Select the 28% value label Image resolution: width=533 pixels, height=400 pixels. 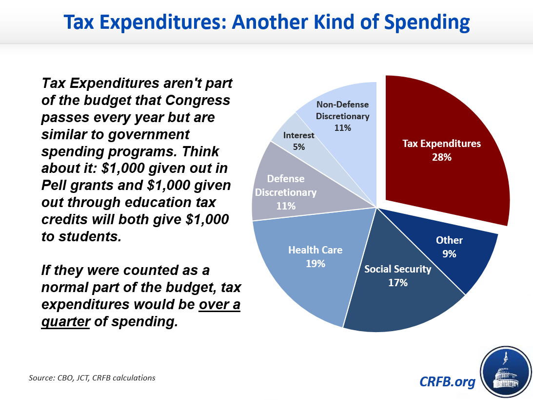pyautogui.click(x=441, y=158)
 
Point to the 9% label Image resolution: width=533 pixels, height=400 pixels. pyautogui.click(x=449, y=254)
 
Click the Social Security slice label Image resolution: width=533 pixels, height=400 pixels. pyautogui.click(x=398, y=269)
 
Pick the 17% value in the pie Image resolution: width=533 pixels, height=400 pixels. pyautogui.click(x=398, y=282)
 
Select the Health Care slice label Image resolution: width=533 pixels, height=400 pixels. pyautogui.click(x=316, y=250)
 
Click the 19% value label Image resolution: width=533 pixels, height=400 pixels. pyautogui.click(x=316, y=264)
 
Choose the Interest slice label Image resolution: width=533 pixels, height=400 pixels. pyautogui.click(x=298, y=135)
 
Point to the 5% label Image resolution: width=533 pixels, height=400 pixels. pyautogui.click(x=298, y=146)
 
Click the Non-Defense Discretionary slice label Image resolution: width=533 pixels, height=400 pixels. pyautogui.click(x=342, y=110)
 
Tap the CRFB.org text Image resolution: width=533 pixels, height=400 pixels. pyautogui.click(x=447, y=381)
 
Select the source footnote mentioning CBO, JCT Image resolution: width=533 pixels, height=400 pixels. pyautogui.click(x=92, y=378)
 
